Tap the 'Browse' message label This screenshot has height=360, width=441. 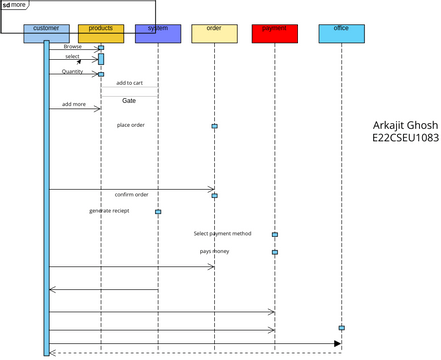pos(73,46)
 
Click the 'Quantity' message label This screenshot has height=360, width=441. pos(73,72)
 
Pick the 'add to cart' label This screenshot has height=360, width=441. pos(129,83)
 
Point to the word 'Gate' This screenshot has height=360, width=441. pos(129,101)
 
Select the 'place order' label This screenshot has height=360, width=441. pos(131,125)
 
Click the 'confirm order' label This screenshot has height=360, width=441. pos(131,194)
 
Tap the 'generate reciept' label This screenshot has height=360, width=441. pos(109,211)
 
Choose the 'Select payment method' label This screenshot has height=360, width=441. pos(222,233)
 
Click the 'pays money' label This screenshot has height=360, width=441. pos(214,251)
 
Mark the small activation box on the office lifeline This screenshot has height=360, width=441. pos(341,328)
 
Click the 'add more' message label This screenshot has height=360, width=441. pos(73,104)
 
